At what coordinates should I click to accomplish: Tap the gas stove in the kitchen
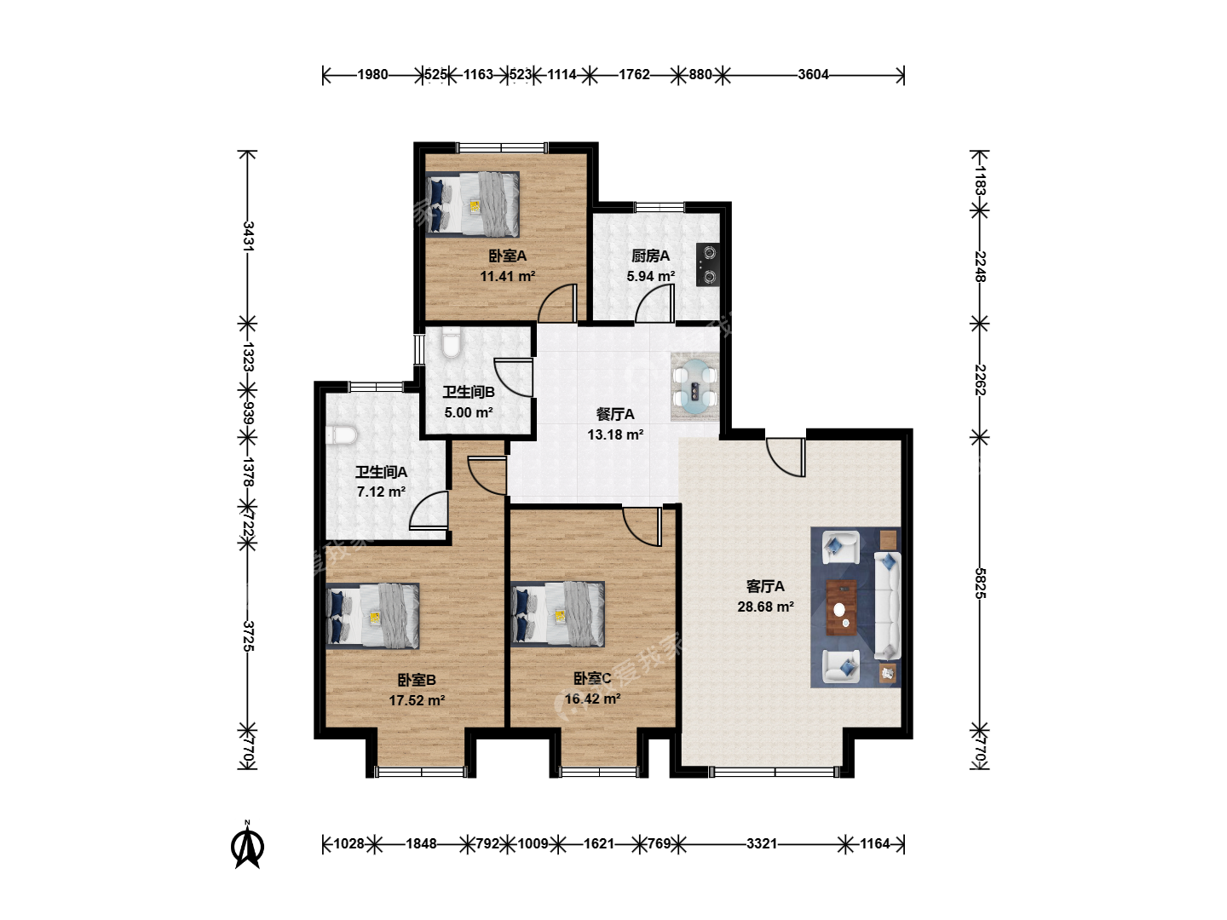708,265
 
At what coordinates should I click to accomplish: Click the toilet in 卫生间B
451,342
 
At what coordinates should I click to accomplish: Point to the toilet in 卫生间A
341,435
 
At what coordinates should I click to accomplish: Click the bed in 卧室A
472,204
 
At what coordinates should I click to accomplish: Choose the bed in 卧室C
558,614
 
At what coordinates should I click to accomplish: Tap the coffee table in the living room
841,607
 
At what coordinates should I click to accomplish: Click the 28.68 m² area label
765,607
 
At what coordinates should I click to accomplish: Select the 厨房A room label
650,256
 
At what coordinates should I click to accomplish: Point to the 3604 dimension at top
813,74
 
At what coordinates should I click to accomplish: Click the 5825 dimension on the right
980,584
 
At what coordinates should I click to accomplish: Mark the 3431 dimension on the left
248,236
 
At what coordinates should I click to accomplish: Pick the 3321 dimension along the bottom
762,843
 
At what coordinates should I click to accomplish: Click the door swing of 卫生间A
429,510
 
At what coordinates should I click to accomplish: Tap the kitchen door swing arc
654,303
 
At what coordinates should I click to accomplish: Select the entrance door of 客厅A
786,457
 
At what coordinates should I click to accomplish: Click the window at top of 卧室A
503,148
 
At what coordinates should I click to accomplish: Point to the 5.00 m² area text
469,413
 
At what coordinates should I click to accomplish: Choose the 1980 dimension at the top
372,74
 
